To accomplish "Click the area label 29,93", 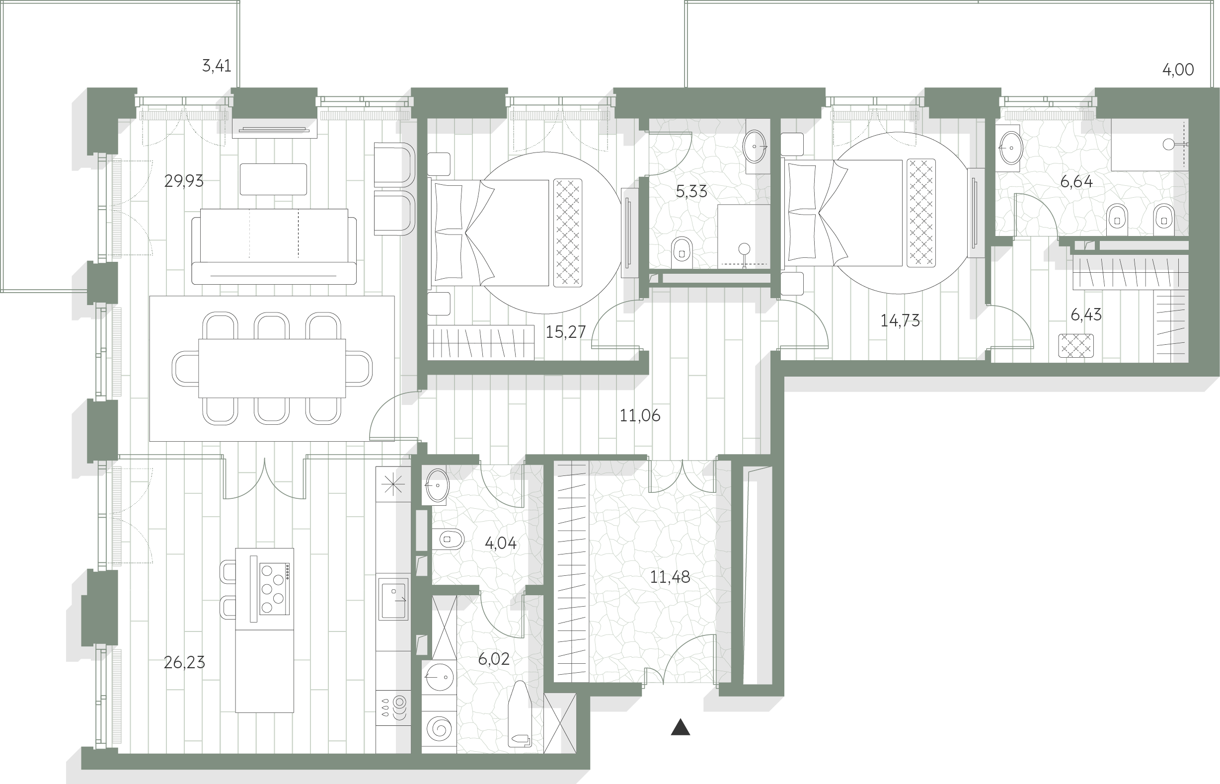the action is tap(184, 181).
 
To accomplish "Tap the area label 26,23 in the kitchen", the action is tap(184, 662).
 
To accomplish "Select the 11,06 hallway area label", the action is tap(640, 415).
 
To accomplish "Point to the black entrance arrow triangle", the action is tap(681, 727).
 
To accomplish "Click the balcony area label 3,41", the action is tap(216, 66).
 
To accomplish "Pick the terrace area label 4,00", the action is tap(1178, 69).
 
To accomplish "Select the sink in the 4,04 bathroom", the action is tap(437, 485).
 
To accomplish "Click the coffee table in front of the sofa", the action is tap(273, 179).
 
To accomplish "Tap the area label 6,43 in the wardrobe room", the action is tap(1086, 314).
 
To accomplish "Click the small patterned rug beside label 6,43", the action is tap(1076, 346).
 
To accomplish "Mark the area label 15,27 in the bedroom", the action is tap(565, 332).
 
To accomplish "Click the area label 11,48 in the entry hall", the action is tap(670, 577).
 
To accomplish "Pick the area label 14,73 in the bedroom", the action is tap(900, 321).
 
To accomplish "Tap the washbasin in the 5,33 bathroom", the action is tap(755, 147).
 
